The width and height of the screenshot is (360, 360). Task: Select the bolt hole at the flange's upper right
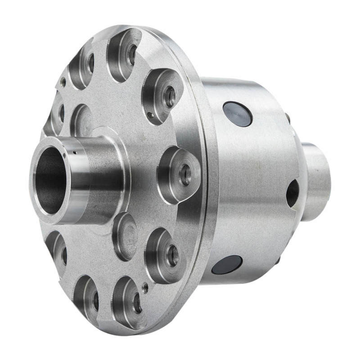(x=170, y=96)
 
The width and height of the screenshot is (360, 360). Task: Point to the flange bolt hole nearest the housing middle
(x=185, y=175)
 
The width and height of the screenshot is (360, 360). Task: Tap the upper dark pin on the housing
(x=238, y=114)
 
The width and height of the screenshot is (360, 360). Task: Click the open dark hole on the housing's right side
(x=292, y=193)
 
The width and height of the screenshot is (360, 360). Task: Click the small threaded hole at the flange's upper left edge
(x=64, y=83)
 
